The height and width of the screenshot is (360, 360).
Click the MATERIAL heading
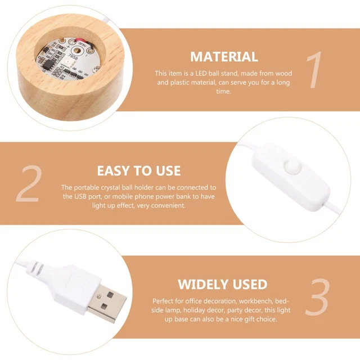(x=224, y=57)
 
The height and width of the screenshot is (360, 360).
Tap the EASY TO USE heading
(x=139, y=170)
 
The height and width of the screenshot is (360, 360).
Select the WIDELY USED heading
(x=223, y=284)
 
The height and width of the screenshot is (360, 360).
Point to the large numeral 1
(x=314, y=70)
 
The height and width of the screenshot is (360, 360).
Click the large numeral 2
(x=29, y=184)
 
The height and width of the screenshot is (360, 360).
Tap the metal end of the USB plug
(x=107, y=303)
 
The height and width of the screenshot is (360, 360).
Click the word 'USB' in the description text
(x=80, y=196)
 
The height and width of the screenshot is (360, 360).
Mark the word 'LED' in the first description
(x=201, y=74)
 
